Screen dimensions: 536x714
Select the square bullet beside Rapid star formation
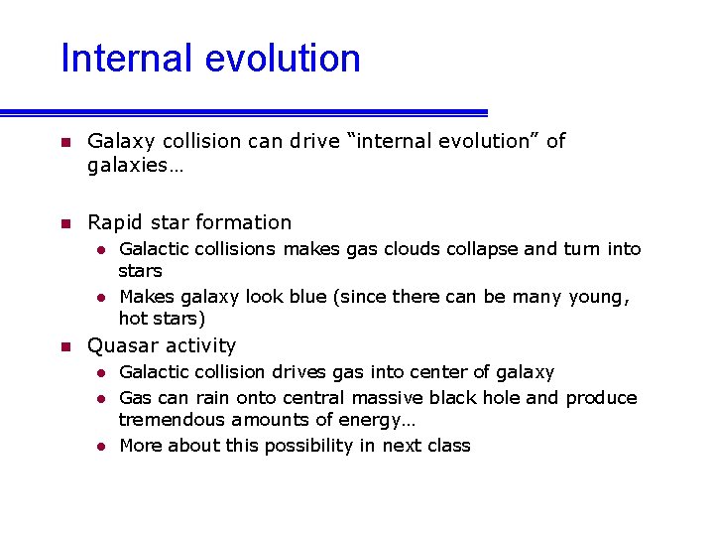click(x=65, y=223)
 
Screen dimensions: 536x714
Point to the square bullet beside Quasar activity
click(x=65, y=346)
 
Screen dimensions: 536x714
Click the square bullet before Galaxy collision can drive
click(x=65, y=142)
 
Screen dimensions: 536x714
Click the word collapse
click(x=481, y=249)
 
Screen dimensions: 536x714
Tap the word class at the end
click(x=448, y=446)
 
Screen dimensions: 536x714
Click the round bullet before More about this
click(x=101, y=447)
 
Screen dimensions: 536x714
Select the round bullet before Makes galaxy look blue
click(x=101, y=298)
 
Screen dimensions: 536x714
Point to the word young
click(x=598, y=297)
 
